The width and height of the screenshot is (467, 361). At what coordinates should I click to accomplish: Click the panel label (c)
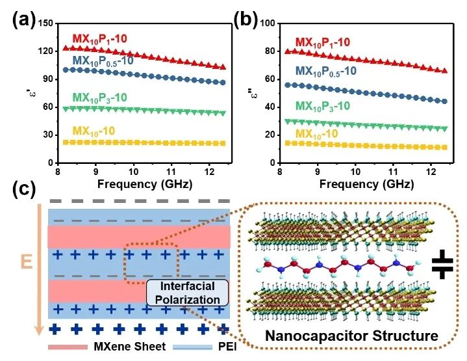tap(25, 189)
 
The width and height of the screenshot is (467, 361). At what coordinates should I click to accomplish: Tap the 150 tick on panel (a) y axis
tap(45, 23)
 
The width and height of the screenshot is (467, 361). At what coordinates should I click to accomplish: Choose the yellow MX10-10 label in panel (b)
tap(322, 133)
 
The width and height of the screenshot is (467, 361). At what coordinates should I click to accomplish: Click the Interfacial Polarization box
tap(186, 293)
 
